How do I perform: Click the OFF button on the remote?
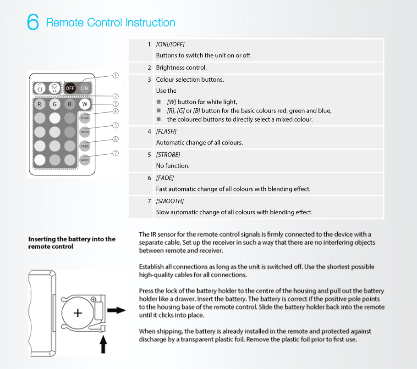[70, 88]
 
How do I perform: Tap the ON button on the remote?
[85, 88]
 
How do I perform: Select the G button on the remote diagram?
[55, 104]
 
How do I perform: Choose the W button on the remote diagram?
[85, 104]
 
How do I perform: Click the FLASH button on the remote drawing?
[85, 118]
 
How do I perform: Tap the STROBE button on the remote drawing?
[85, 132]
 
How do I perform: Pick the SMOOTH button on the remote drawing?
[85, 160]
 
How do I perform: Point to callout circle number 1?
[116, 75]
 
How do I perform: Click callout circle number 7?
[116, 153]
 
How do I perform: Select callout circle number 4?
[116, 111]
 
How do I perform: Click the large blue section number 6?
[33, 22]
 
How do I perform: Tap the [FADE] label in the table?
[165, 178]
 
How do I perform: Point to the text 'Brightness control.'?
[181, 67]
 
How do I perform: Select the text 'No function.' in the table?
[173, 166]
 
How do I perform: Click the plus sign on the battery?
[78, 313]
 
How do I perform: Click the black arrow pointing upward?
[103, 344]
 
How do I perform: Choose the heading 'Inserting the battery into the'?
[72, 239]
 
